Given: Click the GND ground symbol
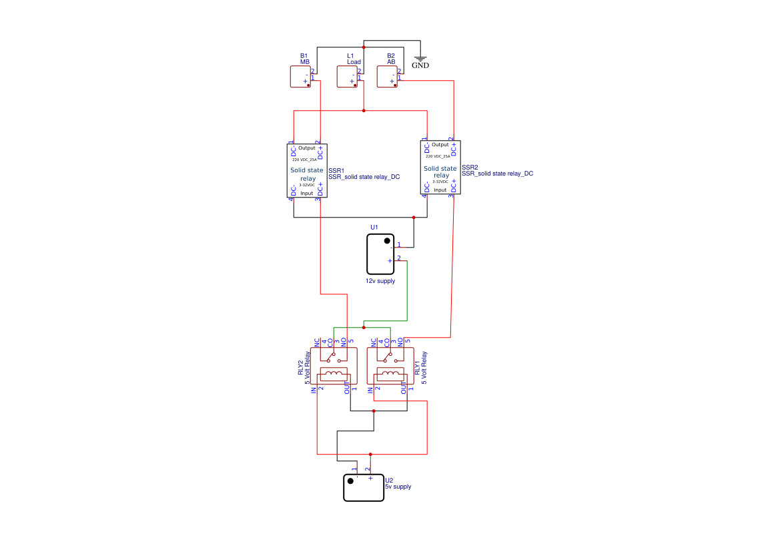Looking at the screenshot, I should click(420, 58).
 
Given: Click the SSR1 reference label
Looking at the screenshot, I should click(336, 170).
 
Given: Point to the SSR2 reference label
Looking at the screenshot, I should click(470, 167).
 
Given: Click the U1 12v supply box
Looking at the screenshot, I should click(380, 254).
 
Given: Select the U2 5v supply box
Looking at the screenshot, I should click(364, 488).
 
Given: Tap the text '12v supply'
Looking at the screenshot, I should click(380, 281).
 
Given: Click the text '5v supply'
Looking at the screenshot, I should click(398, 487).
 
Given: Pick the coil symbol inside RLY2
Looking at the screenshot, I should click(334, 373).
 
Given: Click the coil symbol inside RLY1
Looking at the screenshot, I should click(390, 373).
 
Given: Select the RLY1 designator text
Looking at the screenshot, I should click(417, 368).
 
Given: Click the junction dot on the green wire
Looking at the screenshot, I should click(364, 328).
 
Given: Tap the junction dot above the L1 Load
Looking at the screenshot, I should click(364, 47).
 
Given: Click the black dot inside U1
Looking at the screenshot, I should click(387, 240).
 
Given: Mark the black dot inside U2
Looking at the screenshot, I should click(350, 481).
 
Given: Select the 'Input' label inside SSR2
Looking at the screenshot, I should click(440, 190).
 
